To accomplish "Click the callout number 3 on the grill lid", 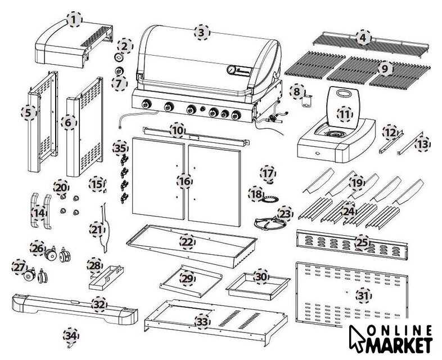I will (201, 32).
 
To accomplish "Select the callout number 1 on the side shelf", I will (73, 20).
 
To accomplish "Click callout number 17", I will (268, 172).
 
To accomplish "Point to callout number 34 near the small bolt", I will (70, 336).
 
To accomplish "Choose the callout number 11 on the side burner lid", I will (344, 112).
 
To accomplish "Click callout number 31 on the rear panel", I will (363, 294).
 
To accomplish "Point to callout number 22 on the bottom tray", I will (187, 242).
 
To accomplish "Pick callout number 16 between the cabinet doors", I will (184, 181).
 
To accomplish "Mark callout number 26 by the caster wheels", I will (38, 247).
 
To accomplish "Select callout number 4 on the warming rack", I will (363, 38).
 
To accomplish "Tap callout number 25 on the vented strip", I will (363, 242).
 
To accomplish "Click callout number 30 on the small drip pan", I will (260, 277).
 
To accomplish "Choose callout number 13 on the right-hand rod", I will (422, 145).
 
